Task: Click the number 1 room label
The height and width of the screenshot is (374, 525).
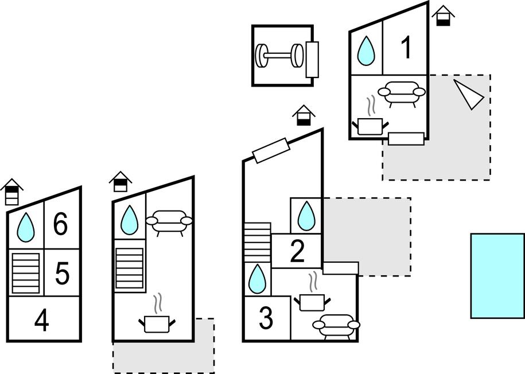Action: tap(406, 48)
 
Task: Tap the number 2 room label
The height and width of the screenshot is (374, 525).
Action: tap(297, 251)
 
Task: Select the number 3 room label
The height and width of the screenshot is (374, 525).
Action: tap(266, 319)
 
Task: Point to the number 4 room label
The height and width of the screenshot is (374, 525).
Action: tap(41, 321)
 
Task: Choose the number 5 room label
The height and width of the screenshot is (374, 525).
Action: tap(62, 274)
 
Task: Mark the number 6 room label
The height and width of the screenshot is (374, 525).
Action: tap(61, 224)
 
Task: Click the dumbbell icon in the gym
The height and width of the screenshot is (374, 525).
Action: tap(279, 56)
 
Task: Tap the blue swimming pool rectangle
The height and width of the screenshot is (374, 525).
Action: tap(497, 275)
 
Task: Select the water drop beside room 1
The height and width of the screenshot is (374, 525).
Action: tap(366, 50)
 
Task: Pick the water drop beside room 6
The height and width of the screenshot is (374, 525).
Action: tap(26, 227)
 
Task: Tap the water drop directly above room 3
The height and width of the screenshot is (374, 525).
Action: tap(257, 279)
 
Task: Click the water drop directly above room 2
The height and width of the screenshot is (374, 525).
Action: tap(306, 216)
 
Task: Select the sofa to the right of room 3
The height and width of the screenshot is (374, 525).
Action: tap(336, 325)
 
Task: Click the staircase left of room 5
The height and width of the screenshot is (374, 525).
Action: tap(25, 272)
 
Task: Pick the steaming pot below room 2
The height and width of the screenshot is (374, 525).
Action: tap(313, 298)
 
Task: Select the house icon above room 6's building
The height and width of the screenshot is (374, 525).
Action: tap(12, 192)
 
